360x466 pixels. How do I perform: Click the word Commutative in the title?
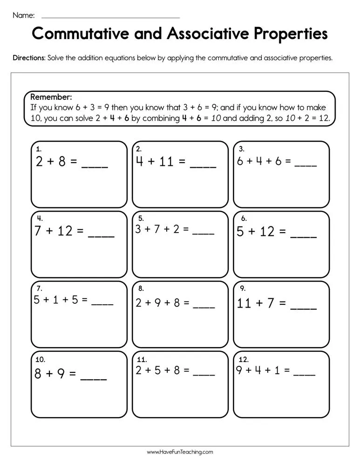pyautogui.click(x=86, y=34)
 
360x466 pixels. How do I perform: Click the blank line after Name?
pyautogui.click(x=110, y=17)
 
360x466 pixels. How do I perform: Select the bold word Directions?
pyautogui.click(x=29, y=58)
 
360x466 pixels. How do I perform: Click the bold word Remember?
pyautogui.click(x=51, y=97)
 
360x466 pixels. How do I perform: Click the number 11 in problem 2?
pyautogui.click(x=166, y=162)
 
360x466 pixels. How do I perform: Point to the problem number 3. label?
pyautogui.click(x=241, y=149)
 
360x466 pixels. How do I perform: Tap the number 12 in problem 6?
pyautogui.click(x=267, y=232)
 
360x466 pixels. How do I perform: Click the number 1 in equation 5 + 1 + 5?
pyautogui.click(x=55, y=300)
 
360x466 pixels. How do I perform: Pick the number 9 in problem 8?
pyautogui.click(x=157, y=303)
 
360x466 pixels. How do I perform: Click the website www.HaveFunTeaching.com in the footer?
pyautogui.click(x=180, y=452)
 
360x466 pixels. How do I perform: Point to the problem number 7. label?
pyautogui.click(x=39, y=288)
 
